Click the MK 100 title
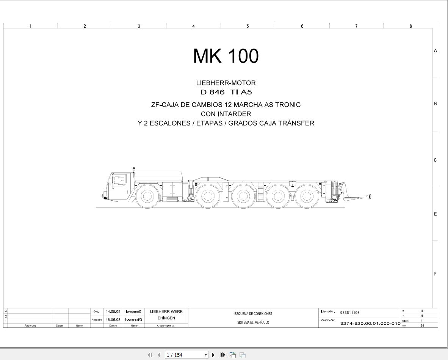226,56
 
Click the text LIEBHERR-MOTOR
226,83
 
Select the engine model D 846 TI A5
226,92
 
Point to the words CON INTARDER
226,114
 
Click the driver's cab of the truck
121,184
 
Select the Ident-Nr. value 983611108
349,313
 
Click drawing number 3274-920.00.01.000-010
370,323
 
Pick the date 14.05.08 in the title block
113,311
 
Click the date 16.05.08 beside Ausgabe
113,320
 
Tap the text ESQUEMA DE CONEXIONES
253,314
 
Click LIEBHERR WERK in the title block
166,311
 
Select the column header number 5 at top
247,26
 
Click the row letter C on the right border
435,160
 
